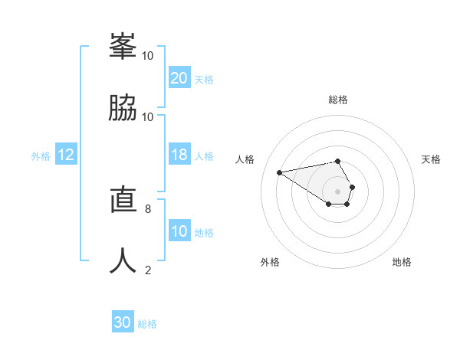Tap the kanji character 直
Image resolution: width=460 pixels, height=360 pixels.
point(123,198)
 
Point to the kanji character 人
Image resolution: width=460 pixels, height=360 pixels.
point(123,259)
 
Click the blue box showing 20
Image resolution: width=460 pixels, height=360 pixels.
point(179,78)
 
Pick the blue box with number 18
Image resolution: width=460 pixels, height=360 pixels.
point(179,155)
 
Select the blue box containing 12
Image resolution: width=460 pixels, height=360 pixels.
point(66,155)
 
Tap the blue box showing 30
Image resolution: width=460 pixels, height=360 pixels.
point(123,322)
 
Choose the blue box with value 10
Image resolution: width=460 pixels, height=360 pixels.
point(179,231)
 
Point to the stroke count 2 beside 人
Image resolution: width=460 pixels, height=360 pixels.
point(147,270)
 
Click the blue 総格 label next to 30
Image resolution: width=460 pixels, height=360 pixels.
point(147,324)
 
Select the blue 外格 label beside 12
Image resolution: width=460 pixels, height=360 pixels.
point(41,156)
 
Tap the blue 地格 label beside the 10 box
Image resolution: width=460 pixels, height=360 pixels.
point(204,233)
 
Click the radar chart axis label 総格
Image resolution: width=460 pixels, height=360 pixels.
point(337,100)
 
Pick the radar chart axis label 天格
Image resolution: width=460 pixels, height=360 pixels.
point(431,159)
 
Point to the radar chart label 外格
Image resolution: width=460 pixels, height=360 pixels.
point(270,262)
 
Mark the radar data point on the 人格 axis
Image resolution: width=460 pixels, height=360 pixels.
point(279,172)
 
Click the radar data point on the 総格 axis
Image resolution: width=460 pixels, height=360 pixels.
point(337,161)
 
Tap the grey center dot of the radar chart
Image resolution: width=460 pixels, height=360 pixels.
point(337,191)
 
